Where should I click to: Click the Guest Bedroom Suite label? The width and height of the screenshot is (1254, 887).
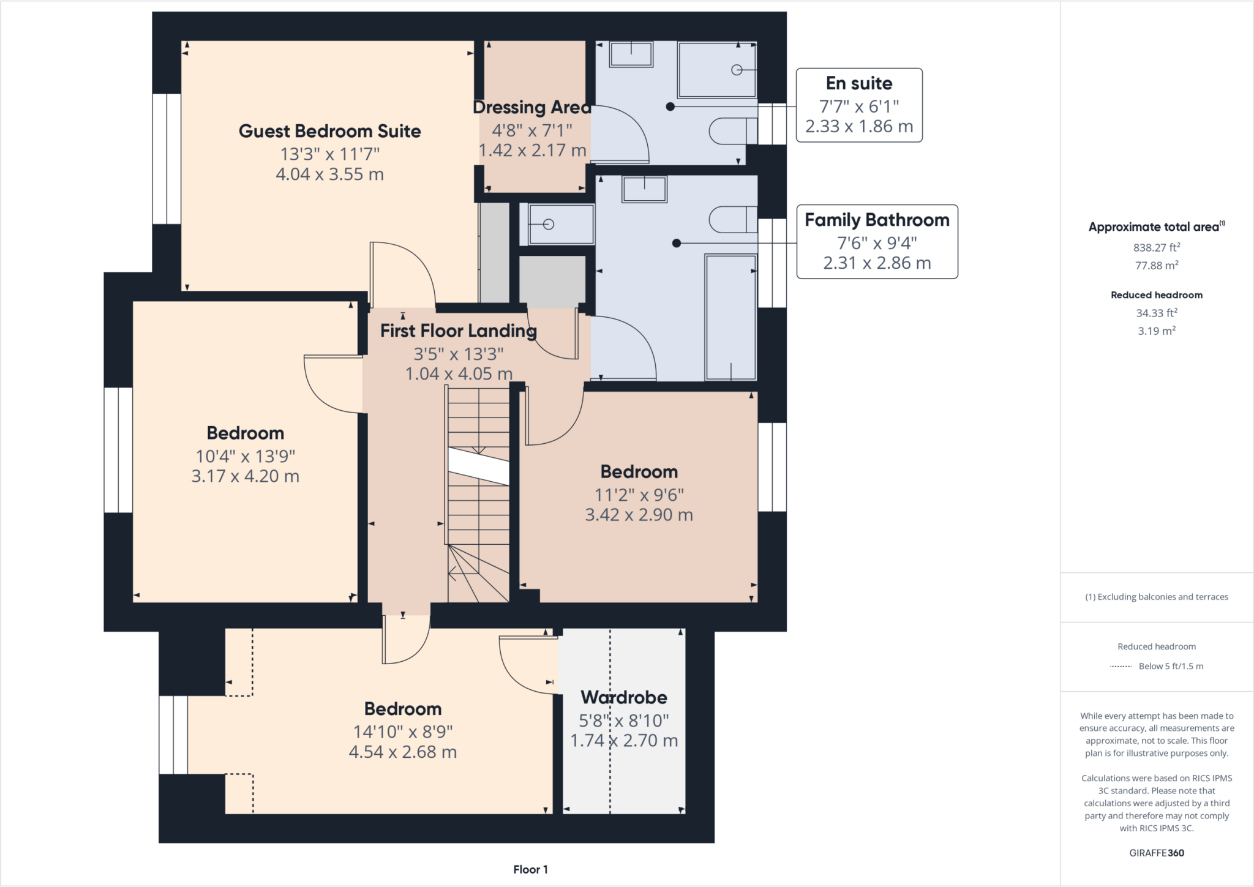point(329,131)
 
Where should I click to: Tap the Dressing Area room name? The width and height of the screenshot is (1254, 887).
point(532,107)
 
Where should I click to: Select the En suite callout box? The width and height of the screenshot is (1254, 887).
point(858,105)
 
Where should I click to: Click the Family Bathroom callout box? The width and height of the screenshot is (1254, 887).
point(876,242)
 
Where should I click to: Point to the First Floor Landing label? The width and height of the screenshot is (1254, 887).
point(458,331)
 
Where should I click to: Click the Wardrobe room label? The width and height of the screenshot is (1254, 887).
point(623,697)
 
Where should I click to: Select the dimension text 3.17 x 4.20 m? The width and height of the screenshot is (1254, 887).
point(245,476)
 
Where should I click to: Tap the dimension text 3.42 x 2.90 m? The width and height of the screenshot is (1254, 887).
point(639,515)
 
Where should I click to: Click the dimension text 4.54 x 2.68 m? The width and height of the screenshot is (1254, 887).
point(402,752)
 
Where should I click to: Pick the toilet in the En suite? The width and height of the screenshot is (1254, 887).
point(732,131)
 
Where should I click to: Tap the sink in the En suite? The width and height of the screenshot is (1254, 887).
point(631,54)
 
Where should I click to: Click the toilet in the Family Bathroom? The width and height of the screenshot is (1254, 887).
point(732,220)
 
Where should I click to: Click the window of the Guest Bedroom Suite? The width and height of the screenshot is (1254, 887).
point(166,159)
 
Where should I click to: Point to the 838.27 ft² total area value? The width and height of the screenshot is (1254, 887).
point(1156,247)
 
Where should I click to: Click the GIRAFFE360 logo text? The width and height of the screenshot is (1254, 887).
point(1156,853)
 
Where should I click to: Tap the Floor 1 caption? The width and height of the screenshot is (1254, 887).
point(530,869)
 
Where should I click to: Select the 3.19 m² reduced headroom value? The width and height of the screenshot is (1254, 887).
point(1156,331)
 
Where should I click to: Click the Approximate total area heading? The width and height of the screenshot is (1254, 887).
point(1155,226)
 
